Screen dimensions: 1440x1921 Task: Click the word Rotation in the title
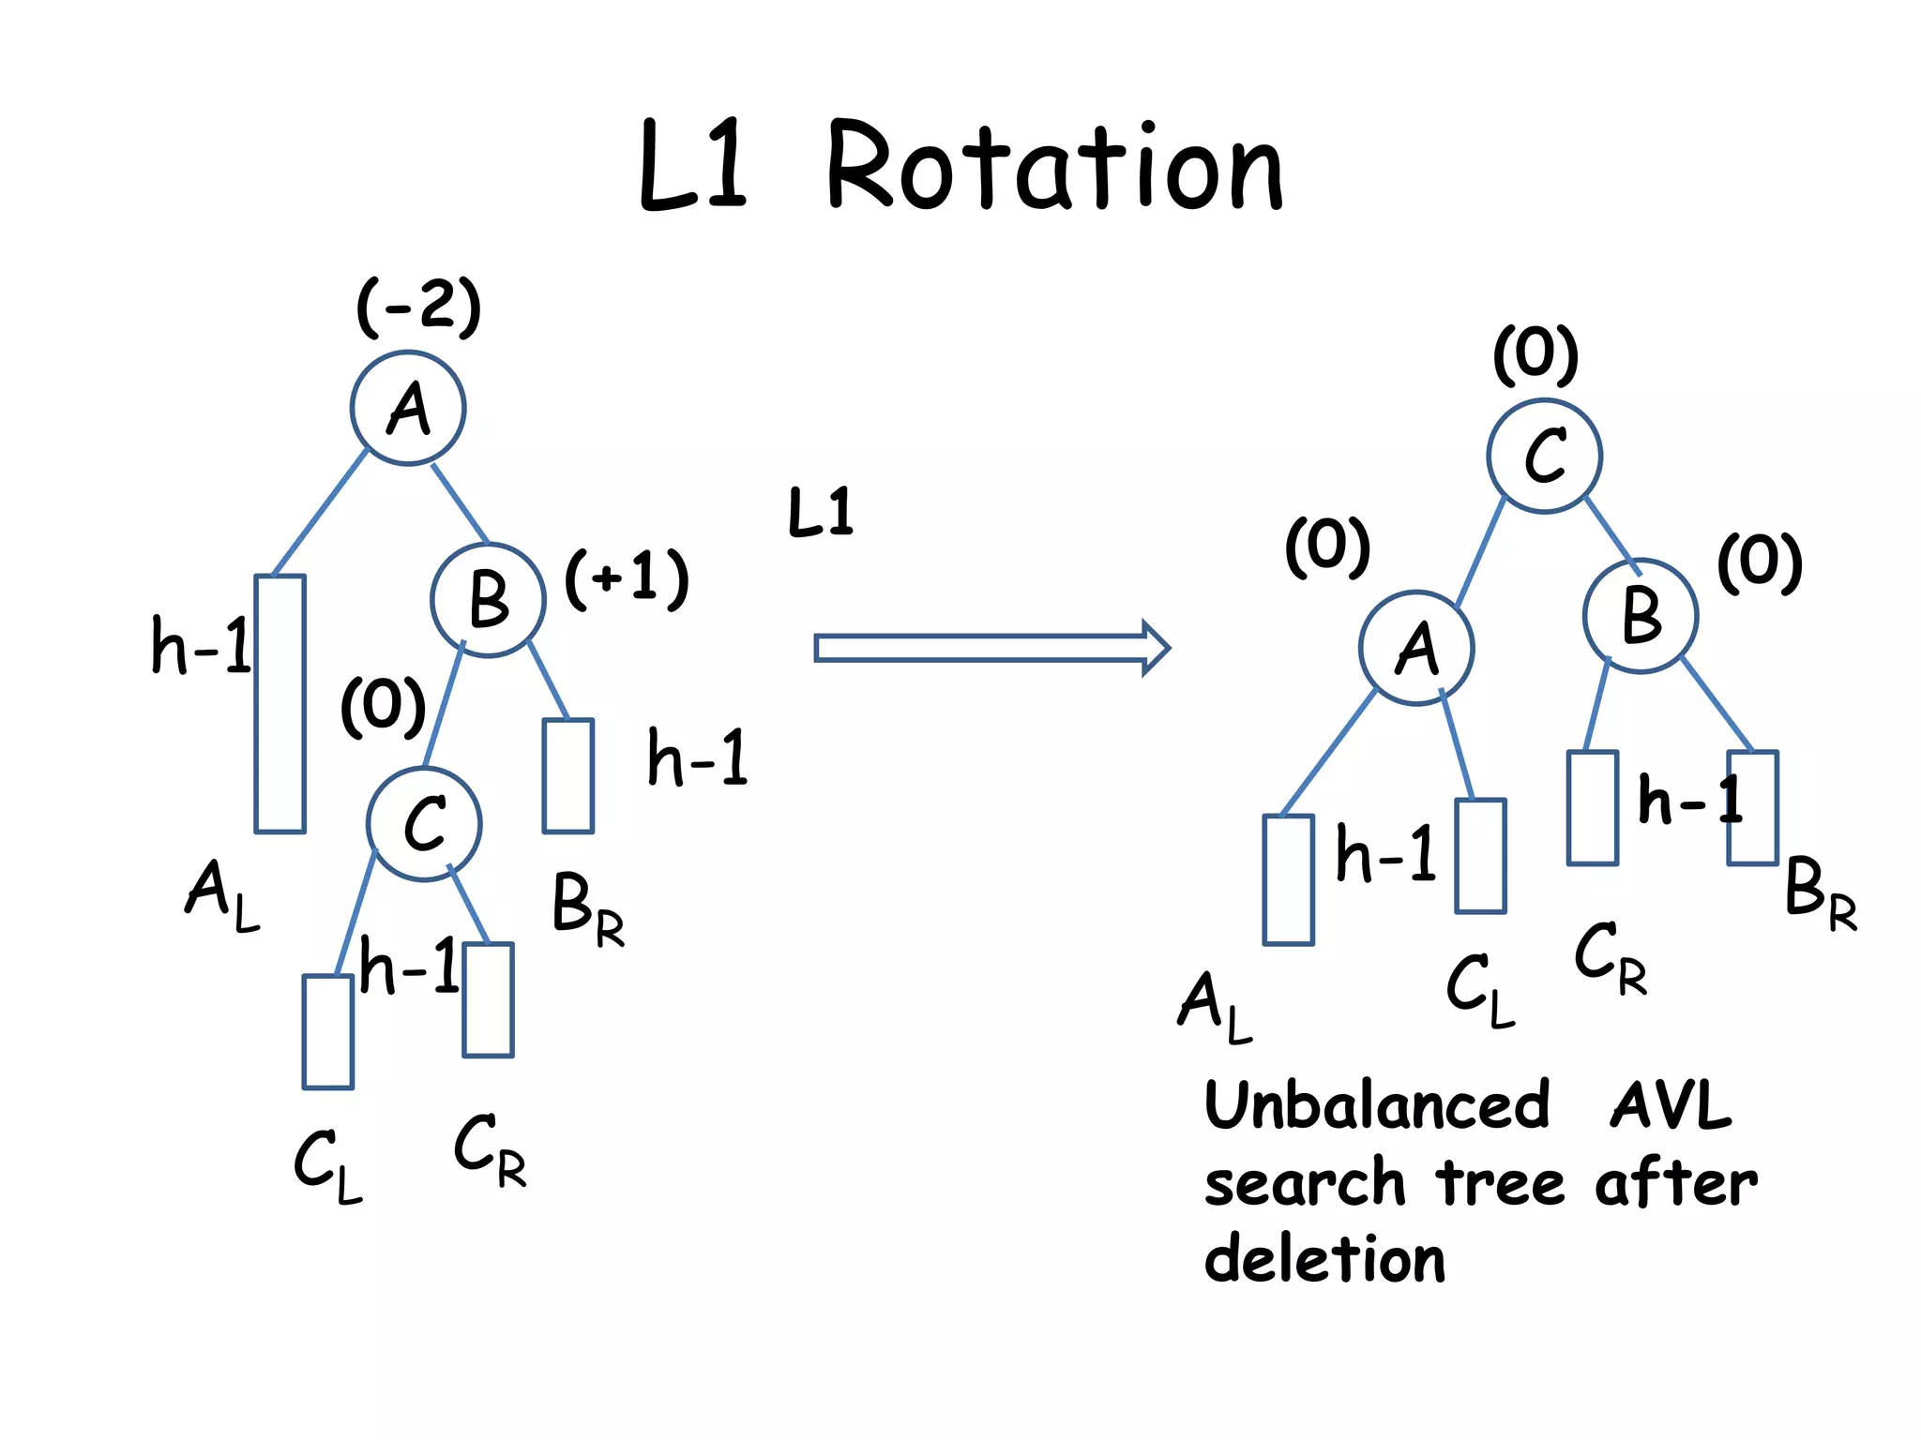coord(1054,167)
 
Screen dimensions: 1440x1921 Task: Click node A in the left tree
coord(408,408)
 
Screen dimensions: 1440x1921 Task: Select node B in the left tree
coord(488,600)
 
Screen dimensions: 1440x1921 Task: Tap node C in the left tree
coord(424,824)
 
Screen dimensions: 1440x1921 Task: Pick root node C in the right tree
coord(1544,457)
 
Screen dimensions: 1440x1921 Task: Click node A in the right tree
coord(1416,648)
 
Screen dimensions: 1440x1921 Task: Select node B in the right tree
coord(1641,616)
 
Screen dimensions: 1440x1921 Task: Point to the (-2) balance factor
coord(418,306)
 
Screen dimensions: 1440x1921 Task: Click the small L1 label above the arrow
coord(821,512)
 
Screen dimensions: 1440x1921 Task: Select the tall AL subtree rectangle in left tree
coord(280,703)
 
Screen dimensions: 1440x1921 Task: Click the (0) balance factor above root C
coord(1535,354)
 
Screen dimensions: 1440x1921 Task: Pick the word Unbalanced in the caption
coord(1377,1104)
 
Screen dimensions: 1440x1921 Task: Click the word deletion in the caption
coord(1324,1258)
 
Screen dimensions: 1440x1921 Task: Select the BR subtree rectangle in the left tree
coord(568,775)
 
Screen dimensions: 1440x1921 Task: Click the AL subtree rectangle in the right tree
coord(1288,879)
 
